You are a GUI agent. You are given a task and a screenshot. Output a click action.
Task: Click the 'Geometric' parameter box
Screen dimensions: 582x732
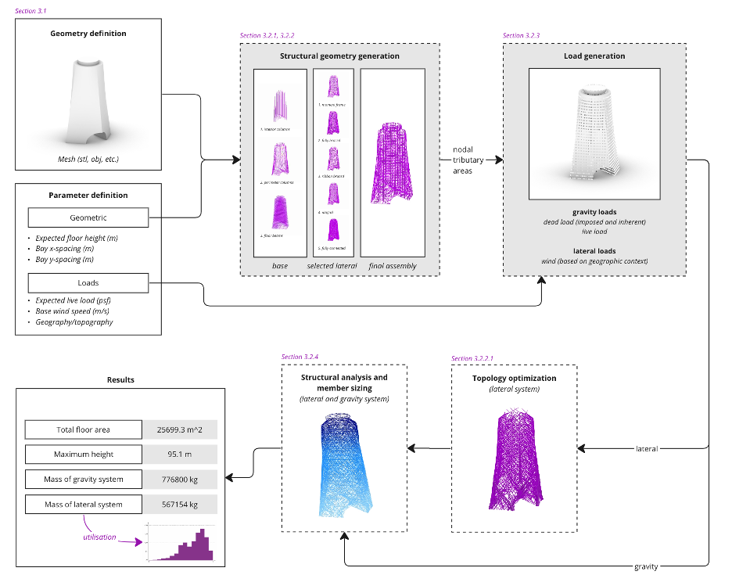[88, 218]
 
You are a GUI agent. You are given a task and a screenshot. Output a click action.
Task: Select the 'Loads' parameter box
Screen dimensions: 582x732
[88, 283]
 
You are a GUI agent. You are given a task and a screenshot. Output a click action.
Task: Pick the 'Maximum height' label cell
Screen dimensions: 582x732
[84, 454]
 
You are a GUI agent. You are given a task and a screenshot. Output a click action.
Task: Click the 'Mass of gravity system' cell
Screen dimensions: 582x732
[84, 480]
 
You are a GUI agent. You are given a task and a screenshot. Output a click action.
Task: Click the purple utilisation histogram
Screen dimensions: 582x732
[181, 543]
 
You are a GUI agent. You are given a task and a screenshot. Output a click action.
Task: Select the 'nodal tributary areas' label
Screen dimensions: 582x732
[468, 160]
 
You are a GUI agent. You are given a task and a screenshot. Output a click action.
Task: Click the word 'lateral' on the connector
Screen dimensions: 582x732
[646, 449]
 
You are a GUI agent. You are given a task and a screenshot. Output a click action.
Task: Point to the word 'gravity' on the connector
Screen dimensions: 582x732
[646, 566]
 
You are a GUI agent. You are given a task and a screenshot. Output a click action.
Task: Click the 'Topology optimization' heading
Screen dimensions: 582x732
[514, 379]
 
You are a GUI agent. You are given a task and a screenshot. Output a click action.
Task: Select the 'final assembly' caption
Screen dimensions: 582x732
[393, 266]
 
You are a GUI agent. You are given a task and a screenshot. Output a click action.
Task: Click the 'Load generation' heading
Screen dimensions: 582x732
[594, 56]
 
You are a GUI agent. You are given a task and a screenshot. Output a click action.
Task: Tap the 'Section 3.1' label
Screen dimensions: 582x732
[30, 9]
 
